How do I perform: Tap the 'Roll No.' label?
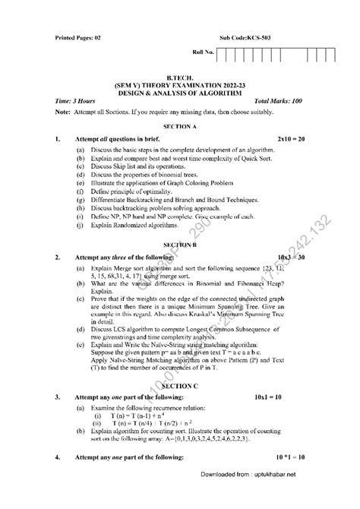pos(204,54)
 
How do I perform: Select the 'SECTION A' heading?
pos(180,125)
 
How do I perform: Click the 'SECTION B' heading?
pos(180,245)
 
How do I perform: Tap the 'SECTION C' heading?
pos(180,408)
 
